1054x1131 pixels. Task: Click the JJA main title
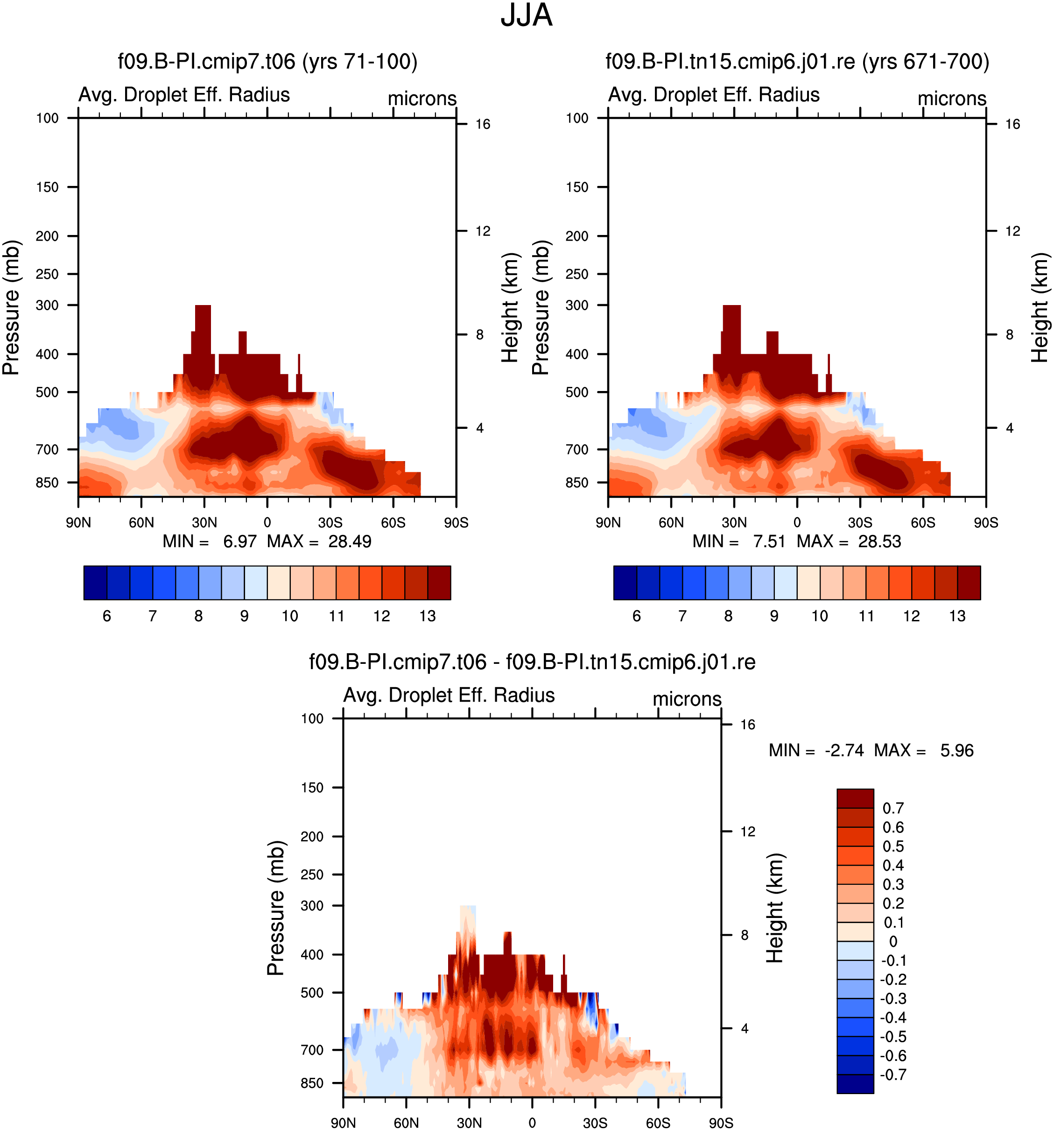pos(526,15)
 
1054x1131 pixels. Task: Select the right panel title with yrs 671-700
pos(797,62)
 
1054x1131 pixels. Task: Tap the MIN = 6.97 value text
pos(210,541)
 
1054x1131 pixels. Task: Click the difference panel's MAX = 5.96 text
pos(924,750)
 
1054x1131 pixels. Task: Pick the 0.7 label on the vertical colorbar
pos(893,809)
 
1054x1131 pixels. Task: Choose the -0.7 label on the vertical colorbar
pos(893,1074)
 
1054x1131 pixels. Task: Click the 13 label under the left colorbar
pos(428,616)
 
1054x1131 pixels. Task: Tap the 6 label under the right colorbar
pos(637,616)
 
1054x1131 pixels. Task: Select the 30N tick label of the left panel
pos(204,522)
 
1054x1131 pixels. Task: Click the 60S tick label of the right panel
pos(923,522)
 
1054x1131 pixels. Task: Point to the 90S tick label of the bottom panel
pos(721,1123)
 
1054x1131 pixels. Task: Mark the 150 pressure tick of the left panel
pos(47,187)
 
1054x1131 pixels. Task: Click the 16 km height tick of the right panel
pos(1012,124)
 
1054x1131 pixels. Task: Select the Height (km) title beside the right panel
pos(1040,307)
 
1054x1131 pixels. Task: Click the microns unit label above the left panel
pos(422,99)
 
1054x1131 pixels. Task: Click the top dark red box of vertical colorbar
pos(855,798)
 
